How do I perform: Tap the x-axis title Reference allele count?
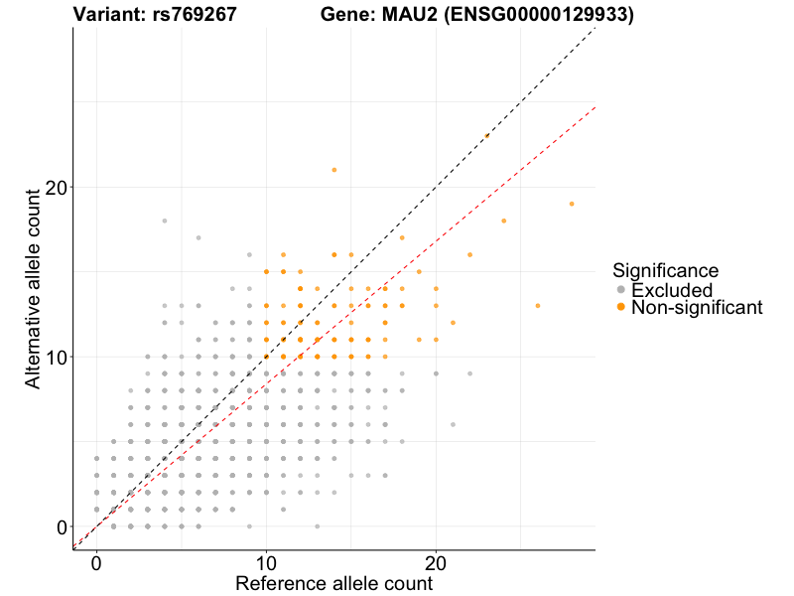point(333,583)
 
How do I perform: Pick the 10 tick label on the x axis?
point(266,560)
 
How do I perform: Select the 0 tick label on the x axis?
point(96,560)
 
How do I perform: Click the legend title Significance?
point(665,270)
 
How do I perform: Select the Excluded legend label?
point(671,290)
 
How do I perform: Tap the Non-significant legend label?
point(697,308)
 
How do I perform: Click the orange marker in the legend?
point(621,308)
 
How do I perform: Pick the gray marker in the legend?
point(621,290)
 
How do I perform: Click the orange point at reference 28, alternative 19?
point(572,204)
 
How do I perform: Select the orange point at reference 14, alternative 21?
point(334,170)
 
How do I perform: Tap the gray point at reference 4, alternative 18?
point(165,221)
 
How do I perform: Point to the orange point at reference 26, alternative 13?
point(538,306)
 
